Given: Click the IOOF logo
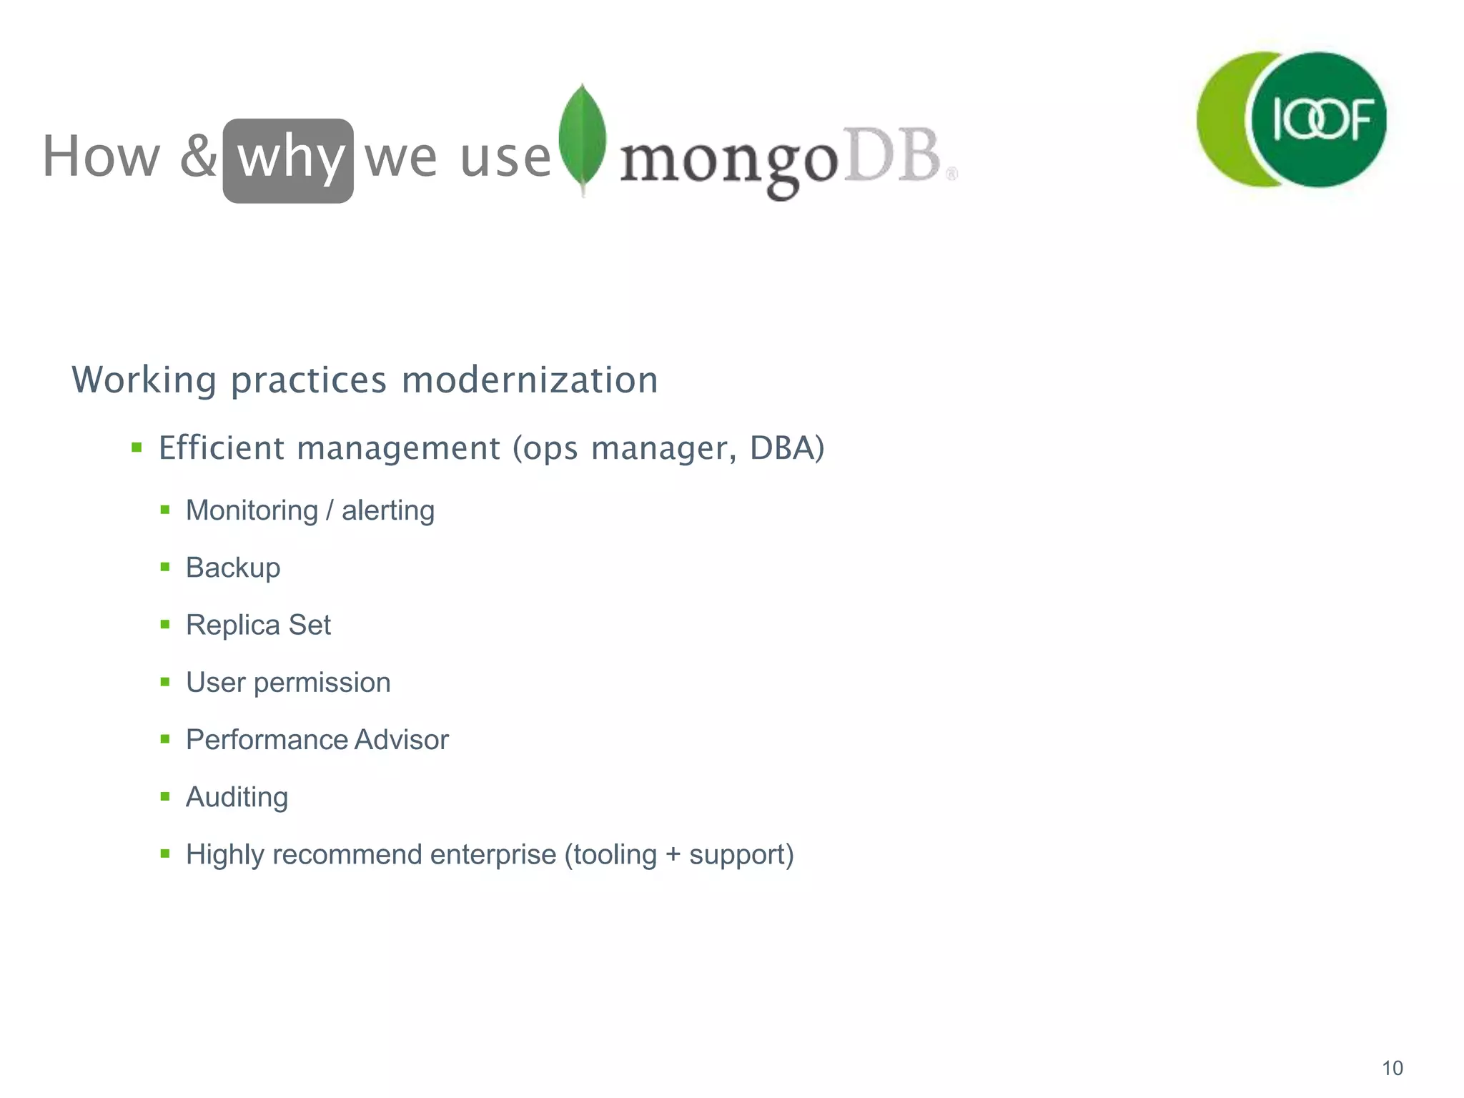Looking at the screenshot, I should tap(1292, 119).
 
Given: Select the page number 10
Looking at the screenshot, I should tap(1392, 1068).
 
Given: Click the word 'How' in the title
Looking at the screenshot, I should tap(102, 157).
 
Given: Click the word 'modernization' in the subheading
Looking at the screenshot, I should tap(530, 380).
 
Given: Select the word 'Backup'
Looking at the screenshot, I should tap(233, 568).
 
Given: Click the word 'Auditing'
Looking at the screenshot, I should tap(237, 797).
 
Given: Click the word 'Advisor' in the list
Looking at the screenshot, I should tap(401, 740).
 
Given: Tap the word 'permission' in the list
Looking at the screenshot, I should tap(322, 683).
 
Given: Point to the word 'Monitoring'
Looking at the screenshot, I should tap(252, 510).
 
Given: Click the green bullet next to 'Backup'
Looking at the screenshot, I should tap(165, 568).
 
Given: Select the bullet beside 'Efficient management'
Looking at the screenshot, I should tap(137, 448).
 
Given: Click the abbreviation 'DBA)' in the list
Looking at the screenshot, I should tap(787, 448).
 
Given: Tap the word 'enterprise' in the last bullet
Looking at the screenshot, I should tap(493, 854).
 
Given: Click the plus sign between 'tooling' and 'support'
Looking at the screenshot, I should tap(673, 855).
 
